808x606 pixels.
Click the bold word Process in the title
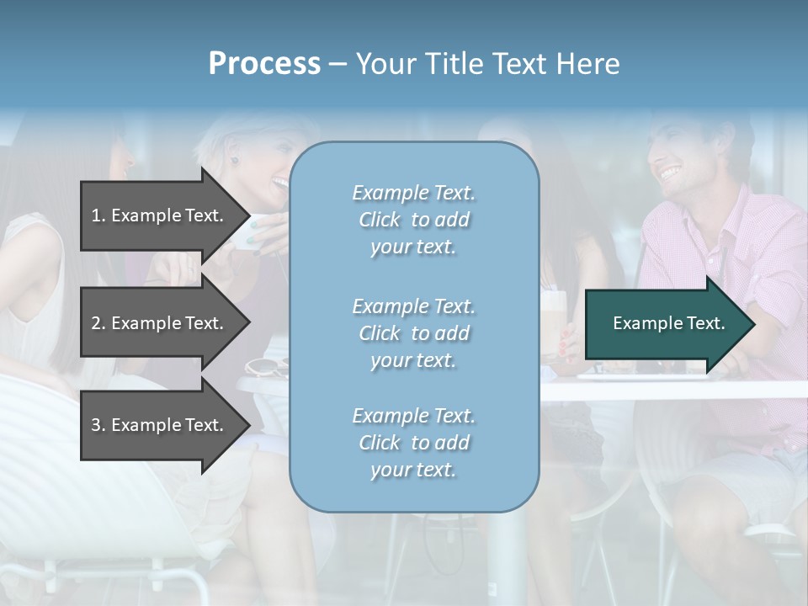(x=264, y=64)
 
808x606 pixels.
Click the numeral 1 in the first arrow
(x=96, y=215)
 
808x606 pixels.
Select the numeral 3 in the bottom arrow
(x=96, y=425)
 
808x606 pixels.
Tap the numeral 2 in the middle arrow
(x=96, y=323)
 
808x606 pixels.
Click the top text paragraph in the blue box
(x=413, y=220)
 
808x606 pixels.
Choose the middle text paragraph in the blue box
(x=413, y=333)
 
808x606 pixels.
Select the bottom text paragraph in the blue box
(x=413, y=443)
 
